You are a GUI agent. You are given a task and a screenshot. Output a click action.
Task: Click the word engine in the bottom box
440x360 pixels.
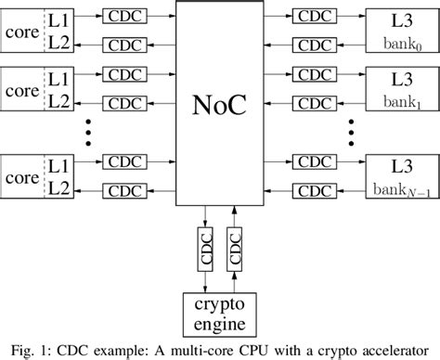tap(219, 326)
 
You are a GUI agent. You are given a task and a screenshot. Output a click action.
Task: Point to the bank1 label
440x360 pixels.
tap(402, 97)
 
